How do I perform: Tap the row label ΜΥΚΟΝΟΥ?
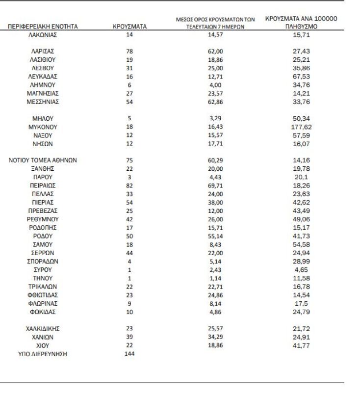click(x=43, y=127)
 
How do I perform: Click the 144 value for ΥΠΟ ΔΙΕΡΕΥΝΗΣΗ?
click(x=130, y=353)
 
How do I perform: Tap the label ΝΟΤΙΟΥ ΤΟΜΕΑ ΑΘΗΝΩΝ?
click(x=43, y=160)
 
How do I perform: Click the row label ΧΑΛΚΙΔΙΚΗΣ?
click(x=43, y=328)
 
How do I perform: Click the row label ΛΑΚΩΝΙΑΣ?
click(x=43, y=34)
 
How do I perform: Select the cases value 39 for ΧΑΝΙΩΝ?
click(x=130, y=337)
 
